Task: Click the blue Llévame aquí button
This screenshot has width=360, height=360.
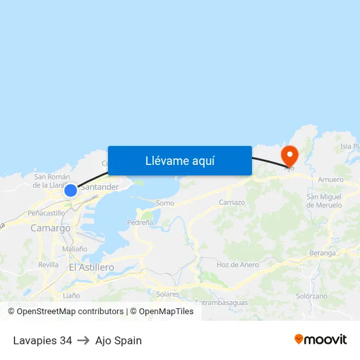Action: [180, 160]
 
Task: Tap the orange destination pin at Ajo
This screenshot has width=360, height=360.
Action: [289, 155]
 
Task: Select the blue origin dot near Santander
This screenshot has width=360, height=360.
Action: [71, 190]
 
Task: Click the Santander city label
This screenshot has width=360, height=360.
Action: [99, 187]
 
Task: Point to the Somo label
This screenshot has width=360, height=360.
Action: [165, 203]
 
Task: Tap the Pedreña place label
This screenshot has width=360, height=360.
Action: [139, 222]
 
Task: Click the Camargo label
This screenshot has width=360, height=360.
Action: [50, 228]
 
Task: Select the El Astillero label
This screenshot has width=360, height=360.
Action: [91, 267]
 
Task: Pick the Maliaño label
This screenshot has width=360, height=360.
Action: [75, 249]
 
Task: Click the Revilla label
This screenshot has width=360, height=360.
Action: [48, 264]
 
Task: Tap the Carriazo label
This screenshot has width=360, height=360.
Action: [232, 202]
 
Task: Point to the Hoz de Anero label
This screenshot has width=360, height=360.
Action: [238, 264]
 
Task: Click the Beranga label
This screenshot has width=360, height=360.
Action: [323, 253]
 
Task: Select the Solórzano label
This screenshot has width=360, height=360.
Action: [311, 296]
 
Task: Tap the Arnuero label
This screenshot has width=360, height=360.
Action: [330, 179]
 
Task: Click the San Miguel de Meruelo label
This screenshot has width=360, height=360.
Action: [324, 201]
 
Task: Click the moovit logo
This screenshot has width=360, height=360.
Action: [320, 339]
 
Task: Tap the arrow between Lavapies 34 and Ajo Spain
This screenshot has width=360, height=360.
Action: [84, 340]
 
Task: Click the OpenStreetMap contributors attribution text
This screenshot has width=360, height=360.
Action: [70, 312]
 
